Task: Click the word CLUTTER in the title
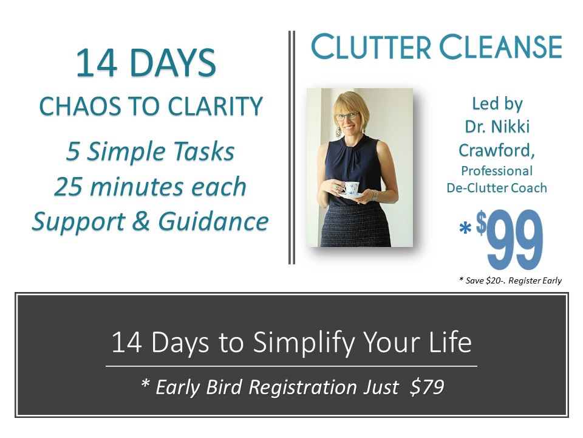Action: (370, 47)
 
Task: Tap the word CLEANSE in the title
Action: (500, 47)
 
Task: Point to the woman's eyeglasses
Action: (347, 117)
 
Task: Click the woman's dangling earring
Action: (339, 132)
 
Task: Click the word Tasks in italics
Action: (203, 151)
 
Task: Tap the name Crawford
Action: (496, 150)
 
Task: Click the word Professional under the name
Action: (497, 171)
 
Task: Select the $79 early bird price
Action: (427, 387)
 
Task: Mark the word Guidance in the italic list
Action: (213, 221)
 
